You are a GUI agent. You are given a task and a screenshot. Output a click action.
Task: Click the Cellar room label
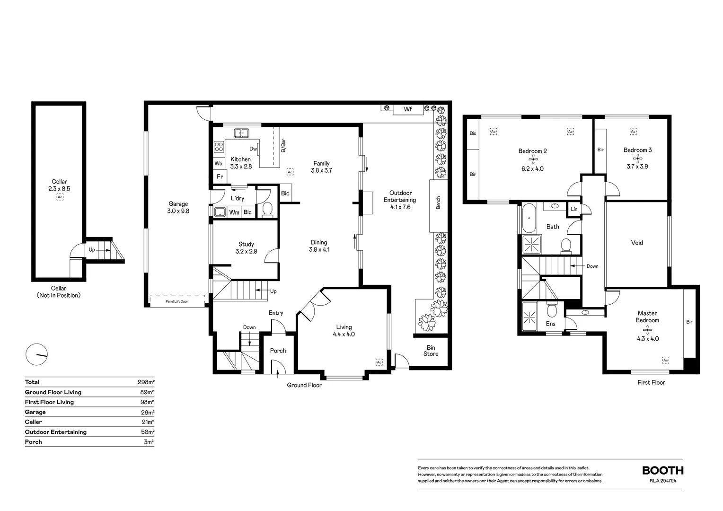[x=60, y=181]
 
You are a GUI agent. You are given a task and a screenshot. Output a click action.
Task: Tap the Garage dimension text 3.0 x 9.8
[x=178, y=211]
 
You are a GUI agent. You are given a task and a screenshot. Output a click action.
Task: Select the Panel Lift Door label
[x=177, y=301]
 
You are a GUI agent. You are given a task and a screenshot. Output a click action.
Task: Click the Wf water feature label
[x=408, y=109]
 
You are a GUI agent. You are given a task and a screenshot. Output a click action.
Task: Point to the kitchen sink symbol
[x=241, y=133]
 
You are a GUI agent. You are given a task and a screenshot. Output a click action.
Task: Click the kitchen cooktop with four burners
[x=219, y=147]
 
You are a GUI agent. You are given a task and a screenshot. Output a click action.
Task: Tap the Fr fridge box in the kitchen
[x=220, y=176]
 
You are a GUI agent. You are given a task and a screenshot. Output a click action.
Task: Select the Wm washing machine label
[x=234, y=212]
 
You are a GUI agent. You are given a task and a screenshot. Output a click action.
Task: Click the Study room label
[x=246, y=244]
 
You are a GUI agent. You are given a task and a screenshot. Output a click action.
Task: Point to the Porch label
[x=278, y=351]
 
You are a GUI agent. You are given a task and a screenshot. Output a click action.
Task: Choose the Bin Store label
[x=431, y=351]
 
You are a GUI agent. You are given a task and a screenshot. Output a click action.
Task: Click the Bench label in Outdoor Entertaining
[x=438, y=203]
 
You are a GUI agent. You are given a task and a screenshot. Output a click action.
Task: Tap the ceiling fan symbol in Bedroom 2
[x=533, y=159]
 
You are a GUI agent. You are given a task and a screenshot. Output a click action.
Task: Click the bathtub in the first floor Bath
[x=529, y=218]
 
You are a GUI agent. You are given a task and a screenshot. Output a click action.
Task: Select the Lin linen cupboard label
[x=574, y=209]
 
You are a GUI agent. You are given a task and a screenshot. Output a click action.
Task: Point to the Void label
[x=637, y=243]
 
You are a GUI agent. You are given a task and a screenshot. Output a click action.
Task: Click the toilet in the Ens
[x=552, y=310]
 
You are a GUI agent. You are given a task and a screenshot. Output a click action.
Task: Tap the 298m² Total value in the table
[x=146, y=382]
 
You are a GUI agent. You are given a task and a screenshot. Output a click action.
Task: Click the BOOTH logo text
[x=663, y=471]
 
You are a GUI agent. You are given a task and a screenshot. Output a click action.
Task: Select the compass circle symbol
[x=37, y=354]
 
